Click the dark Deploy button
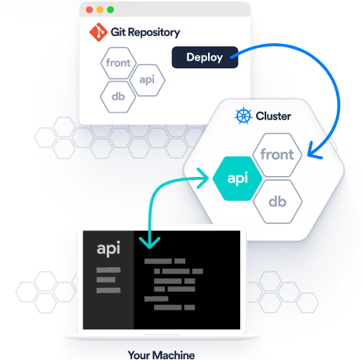coord(205,57)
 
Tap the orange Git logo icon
coord(98,32)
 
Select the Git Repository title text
coord(145,32)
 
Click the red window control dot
coord(90,9)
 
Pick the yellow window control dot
coord(100,9)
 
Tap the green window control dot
coord(111,9)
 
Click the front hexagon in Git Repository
coord(119,63)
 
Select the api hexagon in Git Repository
coord(147,80)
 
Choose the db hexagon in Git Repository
coord(118,97)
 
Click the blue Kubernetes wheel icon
coord(243,116)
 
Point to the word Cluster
coord(273,116)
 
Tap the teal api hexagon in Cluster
coord(237,178)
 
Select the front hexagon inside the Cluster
coord(277,155)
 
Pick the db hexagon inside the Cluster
coord(277,202)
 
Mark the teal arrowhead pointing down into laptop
coord(149,243)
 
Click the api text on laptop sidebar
coord(108,248)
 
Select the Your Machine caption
coord(161,355)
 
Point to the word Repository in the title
coord(154,33)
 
